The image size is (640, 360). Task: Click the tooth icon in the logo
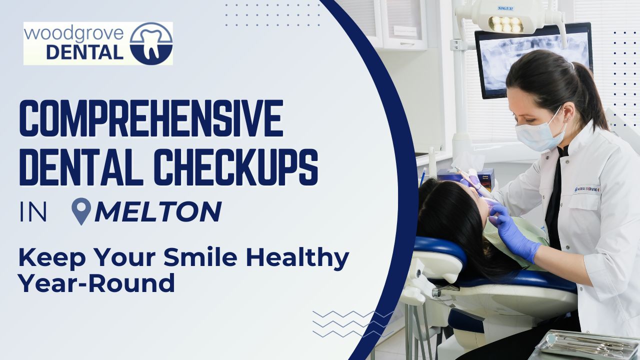[x=151, y=43]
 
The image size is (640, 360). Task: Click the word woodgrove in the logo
[x=74, y=34]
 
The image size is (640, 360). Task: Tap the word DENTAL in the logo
[x=84, y=52]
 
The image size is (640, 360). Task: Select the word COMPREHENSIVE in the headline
[x=151, y=118]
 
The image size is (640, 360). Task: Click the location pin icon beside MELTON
[x=81, y=211]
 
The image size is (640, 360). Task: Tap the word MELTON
[x=158, y=211]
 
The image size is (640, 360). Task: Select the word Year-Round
[x=96, y=283]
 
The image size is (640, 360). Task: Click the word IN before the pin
[x=33, y=212]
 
